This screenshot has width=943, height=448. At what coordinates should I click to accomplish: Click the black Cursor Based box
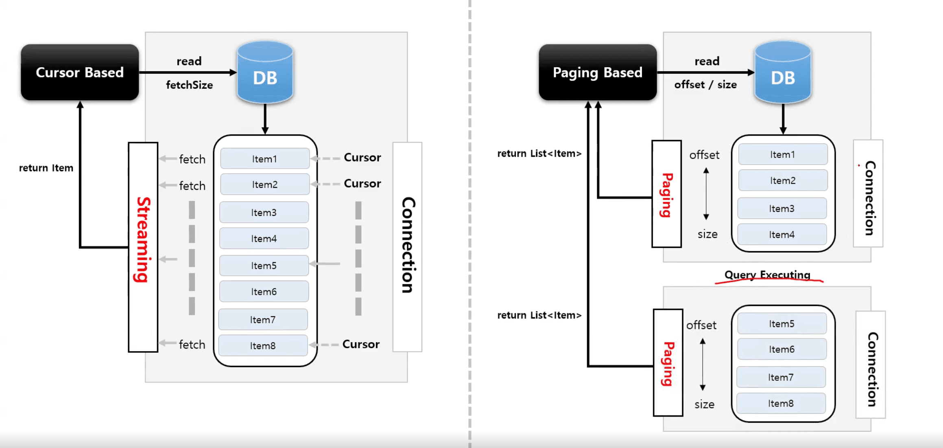(80, 72)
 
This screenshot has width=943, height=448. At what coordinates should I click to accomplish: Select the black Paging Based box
(597, 72)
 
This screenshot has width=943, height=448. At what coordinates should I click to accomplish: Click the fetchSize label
(189, 85)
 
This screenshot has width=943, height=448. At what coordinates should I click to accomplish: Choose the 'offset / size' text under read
(705, 85)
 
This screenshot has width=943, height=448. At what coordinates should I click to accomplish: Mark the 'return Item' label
(46, 168)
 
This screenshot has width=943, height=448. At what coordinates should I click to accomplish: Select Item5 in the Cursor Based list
(264, 266)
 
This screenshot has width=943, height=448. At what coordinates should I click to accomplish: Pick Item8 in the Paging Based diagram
(781, 403)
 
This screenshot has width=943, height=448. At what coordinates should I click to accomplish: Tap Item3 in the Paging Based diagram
(782, 209)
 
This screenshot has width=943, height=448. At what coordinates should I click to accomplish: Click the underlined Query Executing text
(767, 275)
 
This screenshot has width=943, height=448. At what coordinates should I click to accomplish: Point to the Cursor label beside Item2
(362, 184)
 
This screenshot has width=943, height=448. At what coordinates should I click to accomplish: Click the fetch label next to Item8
(192, 345)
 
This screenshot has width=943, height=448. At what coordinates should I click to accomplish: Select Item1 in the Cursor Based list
(265, 159)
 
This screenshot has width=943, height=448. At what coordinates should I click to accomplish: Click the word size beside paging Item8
(705, 404)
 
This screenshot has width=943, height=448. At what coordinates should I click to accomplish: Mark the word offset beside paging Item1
(704, 155)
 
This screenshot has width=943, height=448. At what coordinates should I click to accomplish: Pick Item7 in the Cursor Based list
(263, 320)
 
